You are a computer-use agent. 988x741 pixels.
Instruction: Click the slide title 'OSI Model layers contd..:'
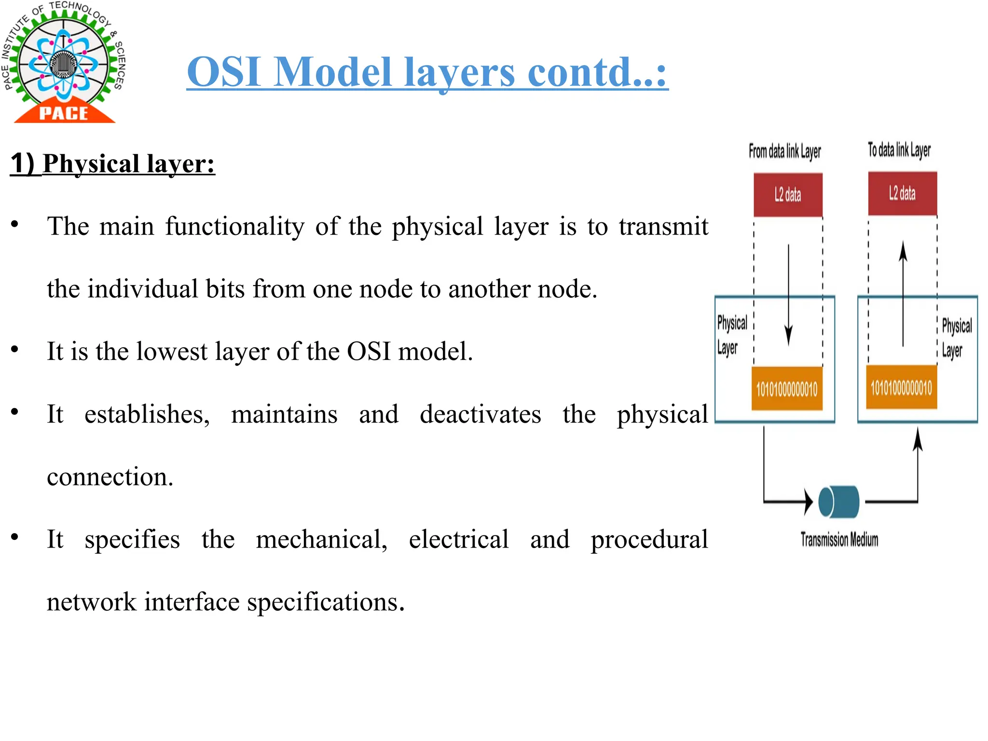tap(427, 72)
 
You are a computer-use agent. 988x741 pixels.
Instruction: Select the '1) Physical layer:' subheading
tap(113, 164)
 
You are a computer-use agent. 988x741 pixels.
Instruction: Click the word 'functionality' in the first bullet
tap(235, 226)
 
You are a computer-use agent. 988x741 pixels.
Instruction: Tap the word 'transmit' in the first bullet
tap(663, 226)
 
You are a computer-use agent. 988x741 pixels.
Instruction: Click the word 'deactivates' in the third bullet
tap(480, 414)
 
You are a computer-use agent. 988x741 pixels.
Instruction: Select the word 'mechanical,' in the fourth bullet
tap(322, 539)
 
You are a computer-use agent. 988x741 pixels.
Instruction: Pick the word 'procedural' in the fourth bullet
tap(649, 539)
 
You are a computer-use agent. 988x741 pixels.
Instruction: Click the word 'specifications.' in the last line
tap(326, 602)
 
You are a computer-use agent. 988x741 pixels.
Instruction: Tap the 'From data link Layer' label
tap(784, 151)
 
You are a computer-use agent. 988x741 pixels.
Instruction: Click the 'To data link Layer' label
tap(899, 150)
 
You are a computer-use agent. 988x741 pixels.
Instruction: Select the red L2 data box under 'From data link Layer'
tap(788, 195)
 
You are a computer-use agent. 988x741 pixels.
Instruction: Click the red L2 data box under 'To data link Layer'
tap(902, 193)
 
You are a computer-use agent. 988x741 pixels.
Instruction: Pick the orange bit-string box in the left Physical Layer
tap(787, 389)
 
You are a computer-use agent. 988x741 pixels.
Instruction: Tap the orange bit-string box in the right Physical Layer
tap(901, 387)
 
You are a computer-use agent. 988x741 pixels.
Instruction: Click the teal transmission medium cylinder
tap(839, 502)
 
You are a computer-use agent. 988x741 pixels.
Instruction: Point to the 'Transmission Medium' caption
tap(839, 539)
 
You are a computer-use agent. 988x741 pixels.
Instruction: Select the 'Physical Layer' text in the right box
tap(956, 338)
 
